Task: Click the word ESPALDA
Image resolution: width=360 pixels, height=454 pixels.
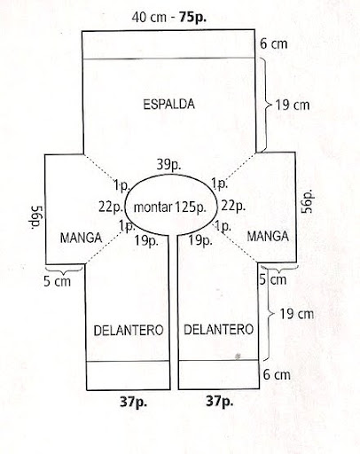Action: [168, 105]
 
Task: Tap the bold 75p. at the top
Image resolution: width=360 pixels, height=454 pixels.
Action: [193, 18]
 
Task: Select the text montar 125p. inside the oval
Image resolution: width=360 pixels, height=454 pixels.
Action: [170, 207]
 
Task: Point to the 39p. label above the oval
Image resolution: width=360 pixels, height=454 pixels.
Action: [168, 164]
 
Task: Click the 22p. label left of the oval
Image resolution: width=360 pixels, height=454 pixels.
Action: [111, 207]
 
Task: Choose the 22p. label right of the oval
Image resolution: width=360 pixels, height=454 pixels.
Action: [233, 206]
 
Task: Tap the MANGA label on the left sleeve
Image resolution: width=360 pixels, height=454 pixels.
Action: [81, 238]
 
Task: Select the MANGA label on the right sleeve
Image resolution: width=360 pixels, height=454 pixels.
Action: [268, 236]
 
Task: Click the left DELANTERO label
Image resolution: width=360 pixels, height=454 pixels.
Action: [129, 330]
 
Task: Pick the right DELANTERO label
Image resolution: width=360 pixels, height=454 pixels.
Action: [219, 329]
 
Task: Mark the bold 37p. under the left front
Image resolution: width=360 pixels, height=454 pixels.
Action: [133, 402]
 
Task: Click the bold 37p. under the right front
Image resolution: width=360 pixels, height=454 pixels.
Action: [220, 401]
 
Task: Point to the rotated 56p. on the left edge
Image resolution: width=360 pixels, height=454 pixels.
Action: [37, 217]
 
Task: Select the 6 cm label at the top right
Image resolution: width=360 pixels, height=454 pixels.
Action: [273, 44]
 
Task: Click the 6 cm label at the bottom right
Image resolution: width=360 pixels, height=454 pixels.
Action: [277, 375]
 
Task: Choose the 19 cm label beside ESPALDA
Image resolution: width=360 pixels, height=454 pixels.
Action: [293, 105]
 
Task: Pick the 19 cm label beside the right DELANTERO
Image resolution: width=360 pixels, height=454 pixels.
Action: [297, 314]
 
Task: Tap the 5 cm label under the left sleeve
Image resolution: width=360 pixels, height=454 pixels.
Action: [58, 281]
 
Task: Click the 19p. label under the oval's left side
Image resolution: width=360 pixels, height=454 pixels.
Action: [146, 241]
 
